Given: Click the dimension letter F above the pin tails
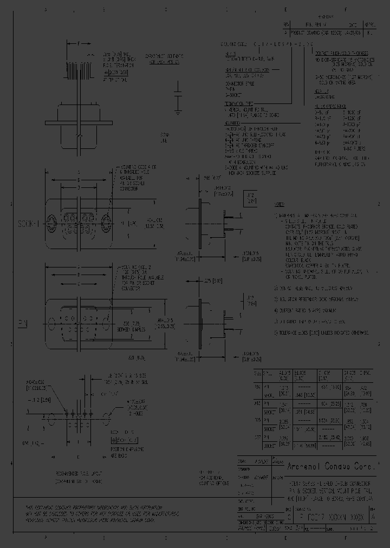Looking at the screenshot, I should coord(80,43).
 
